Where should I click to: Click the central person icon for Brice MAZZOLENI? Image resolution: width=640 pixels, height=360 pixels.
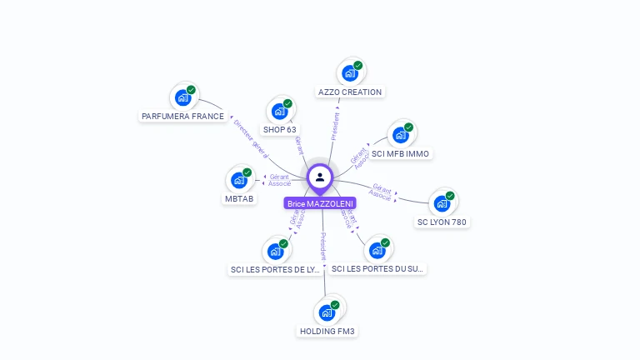click(320, 177)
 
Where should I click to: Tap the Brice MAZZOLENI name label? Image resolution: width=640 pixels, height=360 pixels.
click(320, 203)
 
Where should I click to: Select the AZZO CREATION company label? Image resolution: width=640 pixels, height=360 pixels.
click(350, 92)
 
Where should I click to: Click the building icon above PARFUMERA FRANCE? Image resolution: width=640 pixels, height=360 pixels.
click(183, 97)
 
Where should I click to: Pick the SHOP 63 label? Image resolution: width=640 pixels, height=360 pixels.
click(280, 130)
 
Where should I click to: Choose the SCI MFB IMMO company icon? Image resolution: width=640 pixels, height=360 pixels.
click(401, 134)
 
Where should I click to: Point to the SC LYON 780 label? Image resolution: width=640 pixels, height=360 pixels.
click(442, 222)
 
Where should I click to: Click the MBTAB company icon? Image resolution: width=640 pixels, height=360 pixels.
click(239, 180)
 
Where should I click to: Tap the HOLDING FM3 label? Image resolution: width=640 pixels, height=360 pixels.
click(327, 332)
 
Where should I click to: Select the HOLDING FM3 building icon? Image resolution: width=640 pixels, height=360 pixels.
click(327, 312)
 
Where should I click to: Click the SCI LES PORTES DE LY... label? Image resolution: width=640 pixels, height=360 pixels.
click(275, 270)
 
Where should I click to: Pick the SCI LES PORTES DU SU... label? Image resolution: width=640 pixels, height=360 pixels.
click(377, 269)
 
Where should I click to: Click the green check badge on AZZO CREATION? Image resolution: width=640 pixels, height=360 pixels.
click(358, 66)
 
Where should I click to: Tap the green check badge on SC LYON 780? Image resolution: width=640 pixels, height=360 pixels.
click(450, 196)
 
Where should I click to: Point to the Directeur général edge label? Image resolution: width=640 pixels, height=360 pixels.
click(251, 138)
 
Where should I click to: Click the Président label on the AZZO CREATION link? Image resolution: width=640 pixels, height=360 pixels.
click(336, 125)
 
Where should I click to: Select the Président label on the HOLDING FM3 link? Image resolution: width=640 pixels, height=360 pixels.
click(323, 247)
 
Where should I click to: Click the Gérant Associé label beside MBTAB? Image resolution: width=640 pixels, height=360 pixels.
click(279, 180)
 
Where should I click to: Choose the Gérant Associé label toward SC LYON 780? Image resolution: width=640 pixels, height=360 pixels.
click(382, 192)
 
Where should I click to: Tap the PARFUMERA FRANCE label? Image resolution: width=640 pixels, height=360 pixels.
click(183, 117)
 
